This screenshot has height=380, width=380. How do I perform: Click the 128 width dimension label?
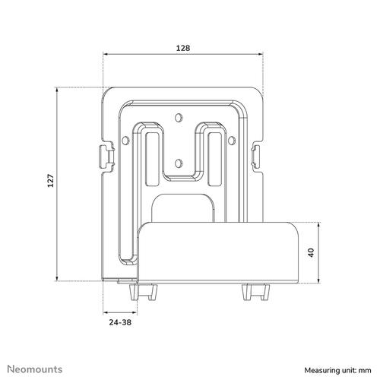pyautogui.click(x=182, y=47)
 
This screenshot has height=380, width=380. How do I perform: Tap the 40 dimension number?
pyautogui.click(x=310, y=253)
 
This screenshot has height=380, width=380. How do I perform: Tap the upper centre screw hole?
pyautogui.click(x=179, y=117)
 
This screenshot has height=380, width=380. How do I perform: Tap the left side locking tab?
pyautogui.click(x=101, y=155)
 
